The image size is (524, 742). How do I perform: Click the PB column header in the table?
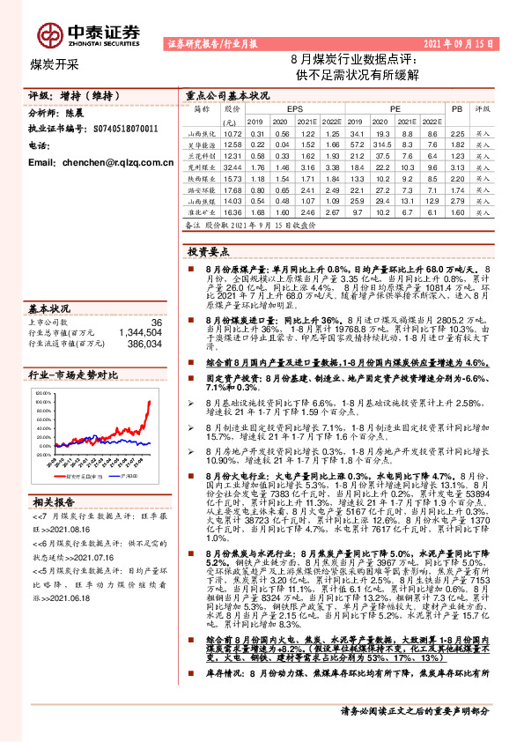pos(455,108)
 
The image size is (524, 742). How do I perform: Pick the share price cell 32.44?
pos(232,166)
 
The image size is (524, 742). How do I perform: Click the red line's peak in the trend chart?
pos(149,402)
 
